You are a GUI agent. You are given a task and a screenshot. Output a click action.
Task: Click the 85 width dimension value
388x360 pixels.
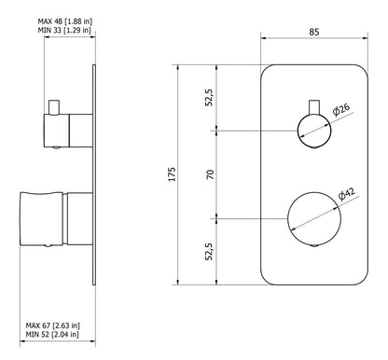pos(314,32)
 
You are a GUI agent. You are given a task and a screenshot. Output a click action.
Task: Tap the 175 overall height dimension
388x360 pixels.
pos(172,174)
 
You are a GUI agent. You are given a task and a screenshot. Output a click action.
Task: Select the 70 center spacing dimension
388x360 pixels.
pos(211,174)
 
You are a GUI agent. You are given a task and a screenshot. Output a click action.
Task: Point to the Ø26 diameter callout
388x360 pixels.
pos(341,109)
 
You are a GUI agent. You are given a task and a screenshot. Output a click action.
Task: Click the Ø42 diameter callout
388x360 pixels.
pos(347,194)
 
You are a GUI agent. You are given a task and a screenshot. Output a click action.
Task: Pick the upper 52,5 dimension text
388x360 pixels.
pos(209,98)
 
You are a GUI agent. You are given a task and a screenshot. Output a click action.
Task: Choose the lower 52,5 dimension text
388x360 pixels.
pos(209,251)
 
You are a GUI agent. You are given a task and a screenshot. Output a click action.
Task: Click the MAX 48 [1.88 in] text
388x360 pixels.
pos(65,21)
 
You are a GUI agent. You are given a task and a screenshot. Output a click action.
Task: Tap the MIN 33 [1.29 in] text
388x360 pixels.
pos(64,30)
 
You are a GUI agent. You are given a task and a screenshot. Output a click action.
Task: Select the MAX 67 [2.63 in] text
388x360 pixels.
pos(53,325)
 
